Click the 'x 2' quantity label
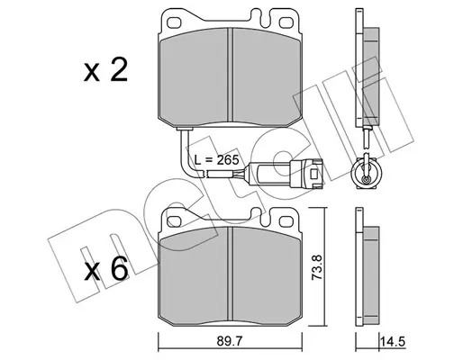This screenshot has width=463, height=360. click(x=105, y=70)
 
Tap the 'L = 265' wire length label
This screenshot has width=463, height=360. click(x=216, y=160)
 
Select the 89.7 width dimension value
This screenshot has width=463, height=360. click(x=231, y=341)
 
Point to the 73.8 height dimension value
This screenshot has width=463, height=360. click(x=316, y=267)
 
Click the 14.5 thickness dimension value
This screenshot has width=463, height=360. click(x=393, y=341)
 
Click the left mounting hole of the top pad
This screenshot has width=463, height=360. click(x=174, y=22)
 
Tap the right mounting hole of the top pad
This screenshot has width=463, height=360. click(x=286, y=22)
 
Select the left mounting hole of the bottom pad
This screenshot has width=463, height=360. click(x=174, y=220)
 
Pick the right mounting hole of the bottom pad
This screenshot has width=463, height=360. click(x=286, y=220)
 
